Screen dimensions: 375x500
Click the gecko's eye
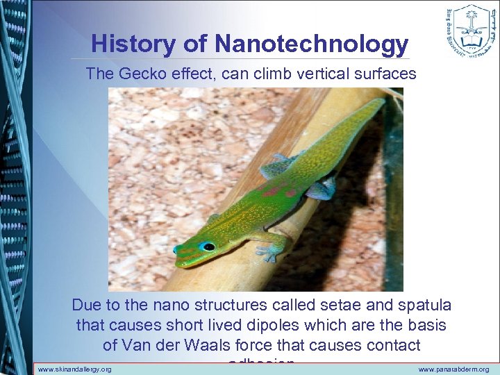tap(207, 247)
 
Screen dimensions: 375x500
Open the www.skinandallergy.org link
tap(74, 369)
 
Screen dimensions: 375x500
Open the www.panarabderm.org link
tap(453, 369)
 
